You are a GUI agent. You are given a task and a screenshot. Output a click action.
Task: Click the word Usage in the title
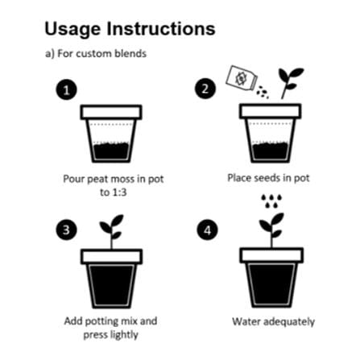72,30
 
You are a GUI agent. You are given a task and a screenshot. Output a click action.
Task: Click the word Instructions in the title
161,28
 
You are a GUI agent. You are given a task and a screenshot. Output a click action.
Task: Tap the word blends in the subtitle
130,53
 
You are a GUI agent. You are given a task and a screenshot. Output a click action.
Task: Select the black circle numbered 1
66,89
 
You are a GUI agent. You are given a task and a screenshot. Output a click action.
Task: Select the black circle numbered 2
205,89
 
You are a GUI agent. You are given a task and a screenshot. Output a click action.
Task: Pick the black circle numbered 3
66,230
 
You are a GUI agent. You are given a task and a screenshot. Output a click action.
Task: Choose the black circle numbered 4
207,230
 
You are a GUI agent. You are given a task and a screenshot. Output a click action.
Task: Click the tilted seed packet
242,78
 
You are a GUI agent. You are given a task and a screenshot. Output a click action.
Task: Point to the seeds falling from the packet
263,92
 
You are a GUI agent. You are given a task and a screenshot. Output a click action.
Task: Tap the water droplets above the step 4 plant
271,201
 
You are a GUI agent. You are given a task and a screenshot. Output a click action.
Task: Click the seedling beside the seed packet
291,83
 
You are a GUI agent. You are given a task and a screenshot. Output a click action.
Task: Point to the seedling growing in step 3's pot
112,231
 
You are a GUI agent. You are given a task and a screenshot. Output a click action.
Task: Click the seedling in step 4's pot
271,230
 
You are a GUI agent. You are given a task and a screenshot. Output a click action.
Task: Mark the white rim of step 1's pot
111,112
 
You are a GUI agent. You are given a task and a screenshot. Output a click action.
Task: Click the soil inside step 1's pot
111,151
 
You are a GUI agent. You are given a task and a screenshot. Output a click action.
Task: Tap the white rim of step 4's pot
271,255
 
